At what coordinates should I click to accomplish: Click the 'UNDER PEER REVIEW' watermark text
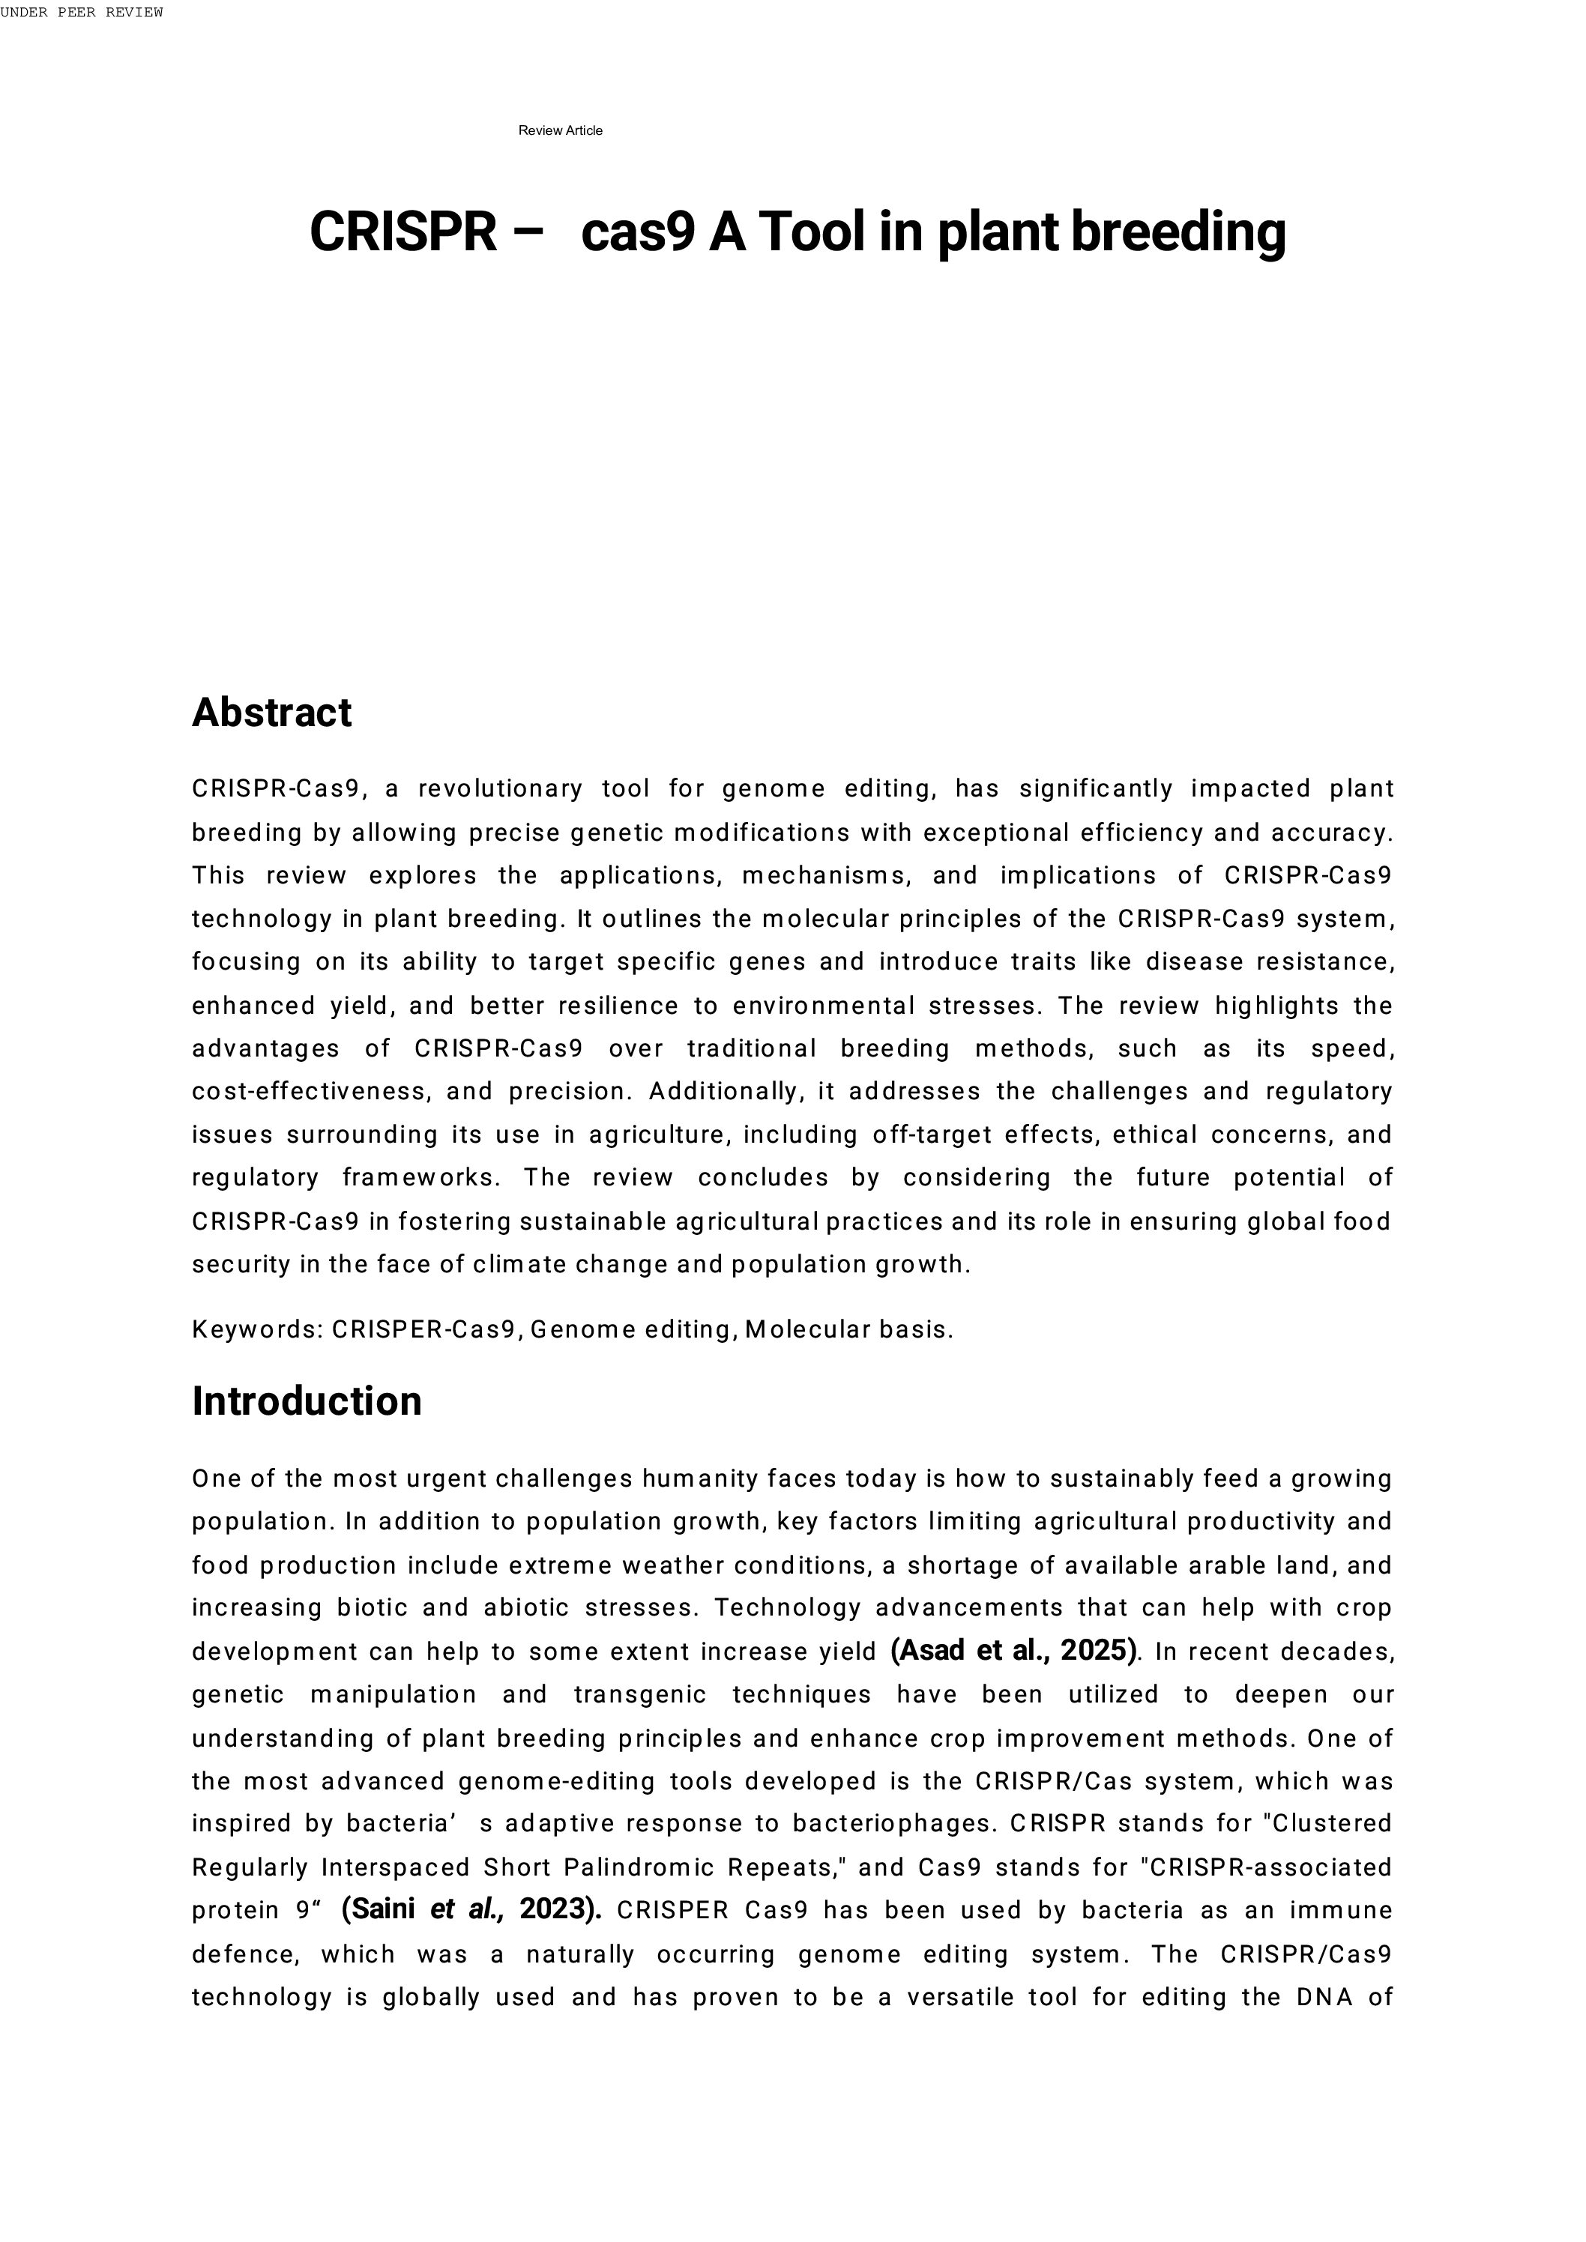click(x=82, y=13)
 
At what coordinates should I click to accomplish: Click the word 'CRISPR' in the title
click(x=403, y=232)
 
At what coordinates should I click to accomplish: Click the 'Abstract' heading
click(x=271, y=713)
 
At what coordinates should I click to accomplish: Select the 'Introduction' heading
click(x=307, y=1401)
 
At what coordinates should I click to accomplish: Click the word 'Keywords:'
click(x=258, y=1330)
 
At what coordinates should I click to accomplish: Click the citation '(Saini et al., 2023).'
click(x=471, y=1909)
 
